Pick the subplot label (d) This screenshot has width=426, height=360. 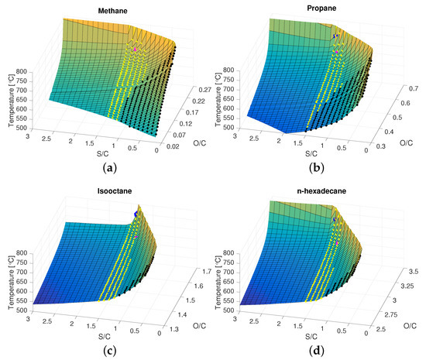(x=318, y=350)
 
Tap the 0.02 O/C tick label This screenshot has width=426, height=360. (x=175, y=144)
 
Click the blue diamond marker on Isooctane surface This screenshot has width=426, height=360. (x=136, y=214)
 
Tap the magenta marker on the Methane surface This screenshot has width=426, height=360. (x=134, y=50)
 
